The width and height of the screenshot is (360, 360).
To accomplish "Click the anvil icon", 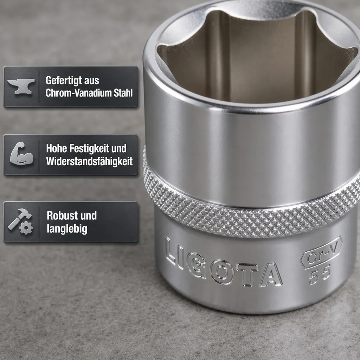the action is coord(21,86).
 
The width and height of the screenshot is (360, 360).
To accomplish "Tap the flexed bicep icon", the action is coord(21,153).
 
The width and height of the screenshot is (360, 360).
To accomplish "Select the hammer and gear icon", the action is coord(20,221).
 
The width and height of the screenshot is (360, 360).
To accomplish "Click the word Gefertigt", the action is coord(61,81).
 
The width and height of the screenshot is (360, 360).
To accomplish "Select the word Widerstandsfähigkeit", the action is coord(89,161).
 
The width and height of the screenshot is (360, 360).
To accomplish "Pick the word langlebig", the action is coord(67,229).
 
